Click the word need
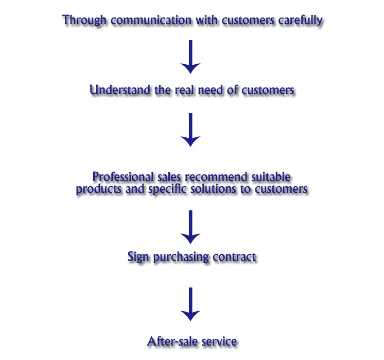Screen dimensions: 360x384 [x=213, y=90]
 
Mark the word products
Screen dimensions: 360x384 [x=96, y=189]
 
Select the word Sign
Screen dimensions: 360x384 [x=137, y=256]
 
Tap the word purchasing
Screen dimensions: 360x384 [x=181, y=257]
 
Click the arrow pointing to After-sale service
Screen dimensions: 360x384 [x=191, y=304]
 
